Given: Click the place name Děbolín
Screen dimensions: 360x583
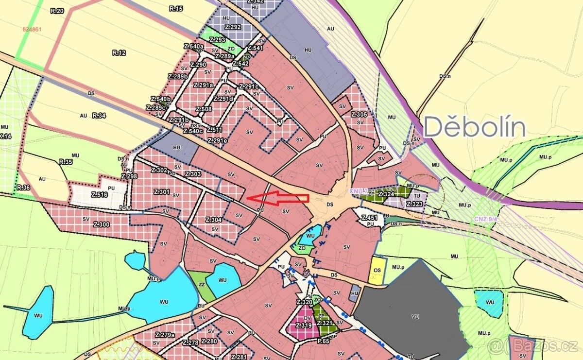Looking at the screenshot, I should [x=475, y=128].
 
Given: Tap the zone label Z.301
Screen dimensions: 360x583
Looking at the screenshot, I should [x=161, y=192].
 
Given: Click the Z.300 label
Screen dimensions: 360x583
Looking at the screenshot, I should [x=102, y=224].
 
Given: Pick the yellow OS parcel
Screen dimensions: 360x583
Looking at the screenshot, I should [x=377, y=270].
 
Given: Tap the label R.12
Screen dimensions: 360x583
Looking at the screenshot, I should [x=119, y=53].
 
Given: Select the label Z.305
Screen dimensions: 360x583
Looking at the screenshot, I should [x=359, y=115].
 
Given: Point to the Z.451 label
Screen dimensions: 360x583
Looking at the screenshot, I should [x=369, y=218].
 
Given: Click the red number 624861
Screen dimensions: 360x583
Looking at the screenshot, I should [x=33, y=29].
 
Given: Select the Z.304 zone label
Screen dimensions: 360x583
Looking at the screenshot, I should [x=214, y=220].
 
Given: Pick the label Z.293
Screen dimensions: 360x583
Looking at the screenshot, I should [x=218, y=40].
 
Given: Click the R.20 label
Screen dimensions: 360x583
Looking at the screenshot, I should [x=57, y=10].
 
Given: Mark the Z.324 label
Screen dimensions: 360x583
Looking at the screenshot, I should [x=386, y=195].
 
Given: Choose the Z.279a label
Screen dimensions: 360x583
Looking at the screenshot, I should [x=165, y=335].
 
